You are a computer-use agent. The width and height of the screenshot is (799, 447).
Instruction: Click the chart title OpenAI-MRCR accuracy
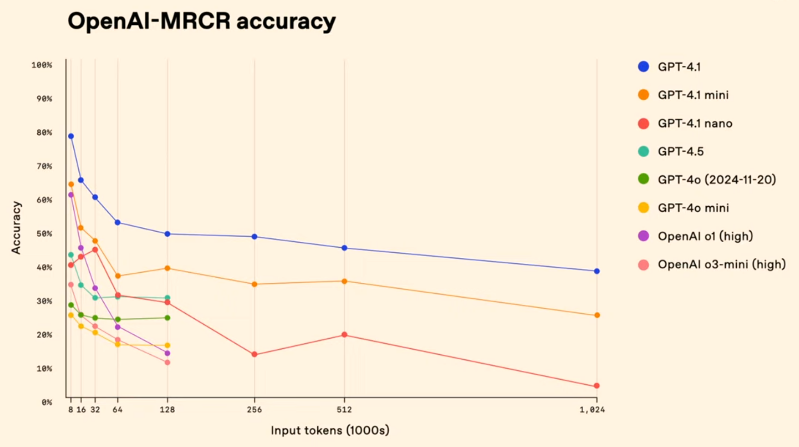(x=201, y=21)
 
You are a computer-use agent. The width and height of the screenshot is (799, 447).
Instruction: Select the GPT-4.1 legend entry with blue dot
(x=679, y=67)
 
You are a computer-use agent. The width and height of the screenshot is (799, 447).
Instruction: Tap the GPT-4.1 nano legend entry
(x=694, y=124)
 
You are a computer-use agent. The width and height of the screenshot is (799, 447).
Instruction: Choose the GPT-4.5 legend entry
(x=680, y=152)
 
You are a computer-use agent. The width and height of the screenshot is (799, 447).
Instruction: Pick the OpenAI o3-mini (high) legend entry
(x=721, y=265)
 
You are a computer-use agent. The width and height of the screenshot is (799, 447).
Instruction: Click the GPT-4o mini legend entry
(x=693, y=208)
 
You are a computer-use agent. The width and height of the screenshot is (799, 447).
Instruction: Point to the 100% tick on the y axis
(x=42, y=65)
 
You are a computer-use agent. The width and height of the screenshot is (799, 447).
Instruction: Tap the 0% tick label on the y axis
(x=47, y=402)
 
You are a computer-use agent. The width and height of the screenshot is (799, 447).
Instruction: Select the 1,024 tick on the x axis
(x=592, y=410)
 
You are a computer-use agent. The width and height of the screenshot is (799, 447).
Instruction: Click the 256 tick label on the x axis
(x=254, y=410)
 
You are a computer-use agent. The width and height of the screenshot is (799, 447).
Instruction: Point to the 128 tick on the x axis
(x=167, y=410)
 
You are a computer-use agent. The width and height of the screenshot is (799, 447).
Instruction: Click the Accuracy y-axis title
(x=16, y=227)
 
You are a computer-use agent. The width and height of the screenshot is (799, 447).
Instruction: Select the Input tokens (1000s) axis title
(x=330, y=430)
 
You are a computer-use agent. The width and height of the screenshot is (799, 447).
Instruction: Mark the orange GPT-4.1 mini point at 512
(x=344, y=281)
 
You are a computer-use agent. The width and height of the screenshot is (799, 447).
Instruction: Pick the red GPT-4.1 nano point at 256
(x=254, y=355)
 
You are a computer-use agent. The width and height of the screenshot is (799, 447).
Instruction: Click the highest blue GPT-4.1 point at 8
(x=71, y=137)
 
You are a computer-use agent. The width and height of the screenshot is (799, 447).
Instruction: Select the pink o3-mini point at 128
(x=167, y=363)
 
